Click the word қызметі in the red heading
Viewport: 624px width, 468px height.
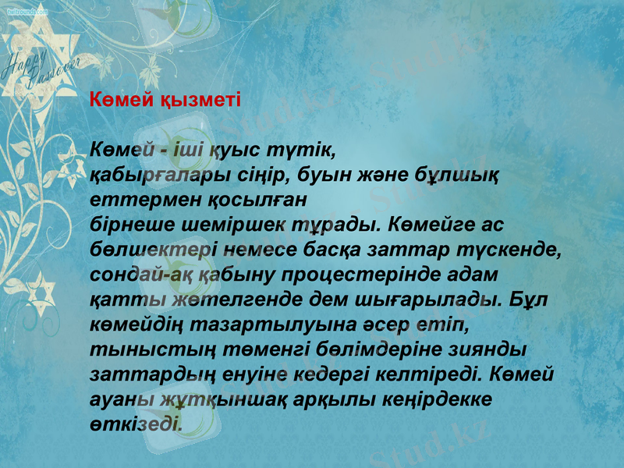pyautogui.click(x=200, y=101)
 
